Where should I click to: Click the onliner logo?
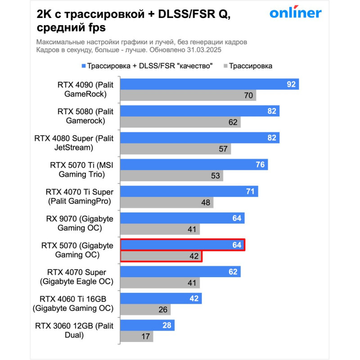(x=296, y=13)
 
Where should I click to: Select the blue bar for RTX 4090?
(x=210, y=84)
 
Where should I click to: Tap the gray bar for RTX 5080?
(x=180, y=122)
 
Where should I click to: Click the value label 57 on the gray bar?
(x=223, y=149)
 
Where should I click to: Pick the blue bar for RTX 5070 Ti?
(x=194, y=165)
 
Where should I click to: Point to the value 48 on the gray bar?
(x=206, y=202)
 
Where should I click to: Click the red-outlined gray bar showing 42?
(x=161, y=256)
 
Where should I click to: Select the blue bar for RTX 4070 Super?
(x=180, y=272)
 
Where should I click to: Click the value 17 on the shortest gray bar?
(x=146, y=337)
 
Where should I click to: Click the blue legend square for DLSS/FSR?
(x=83, y=66)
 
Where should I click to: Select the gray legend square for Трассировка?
(x=225, y=66)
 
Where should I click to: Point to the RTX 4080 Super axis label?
(x=74, y=143)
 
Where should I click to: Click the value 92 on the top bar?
(x=291, y=84)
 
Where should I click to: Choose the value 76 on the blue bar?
(x=260, y=165)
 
